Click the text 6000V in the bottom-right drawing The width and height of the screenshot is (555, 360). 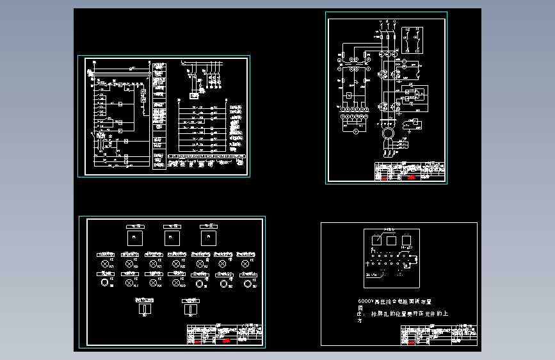coord(366,300)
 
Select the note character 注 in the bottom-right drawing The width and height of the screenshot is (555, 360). coord(360,314)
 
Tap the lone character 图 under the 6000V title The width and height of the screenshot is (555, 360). coord(360,307)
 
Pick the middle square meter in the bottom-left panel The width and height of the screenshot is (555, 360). coord(170,238)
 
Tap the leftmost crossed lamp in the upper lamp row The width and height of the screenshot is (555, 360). coord(104,263)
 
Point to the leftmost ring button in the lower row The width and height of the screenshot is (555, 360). coord(104,282)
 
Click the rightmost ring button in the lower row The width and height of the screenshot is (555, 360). coord(246,282)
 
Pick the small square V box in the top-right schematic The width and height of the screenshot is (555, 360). coord(348,95)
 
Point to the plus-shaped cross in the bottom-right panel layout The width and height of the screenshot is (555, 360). coord(367,263)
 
